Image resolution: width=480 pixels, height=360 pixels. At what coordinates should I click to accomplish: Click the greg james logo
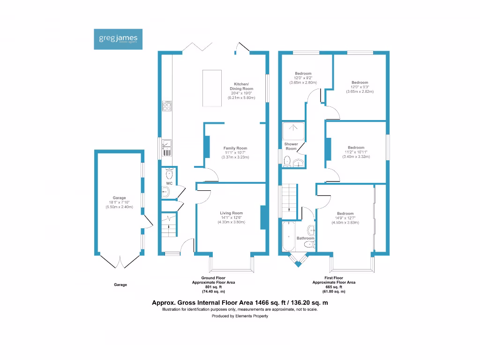pyautogui.click(x=118, y=39)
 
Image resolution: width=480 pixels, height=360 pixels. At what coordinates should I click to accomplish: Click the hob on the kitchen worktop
pyautogui.click(x=167, y=105)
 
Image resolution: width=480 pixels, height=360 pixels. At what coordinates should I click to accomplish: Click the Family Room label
pyautogui.click(x=235, y=148)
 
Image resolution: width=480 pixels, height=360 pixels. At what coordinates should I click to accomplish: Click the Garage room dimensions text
pyautogui.click(x=120, y=205)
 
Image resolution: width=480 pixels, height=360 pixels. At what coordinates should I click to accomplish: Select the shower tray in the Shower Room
pyautogui.click(x=293, y=130)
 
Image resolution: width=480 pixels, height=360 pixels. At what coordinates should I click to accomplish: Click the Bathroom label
pyautogui.click(x=305, y=238)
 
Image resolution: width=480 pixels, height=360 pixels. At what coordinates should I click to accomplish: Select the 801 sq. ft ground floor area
pyautogui.click(x=213, y=287)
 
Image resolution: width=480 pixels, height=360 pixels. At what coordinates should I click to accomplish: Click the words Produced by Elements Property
pyautogui.click(x=240, y=316)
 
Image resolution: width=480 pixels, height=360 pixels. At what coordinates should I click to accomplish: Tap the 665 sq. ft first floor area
pyautogui.click(x=334, y=287)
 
